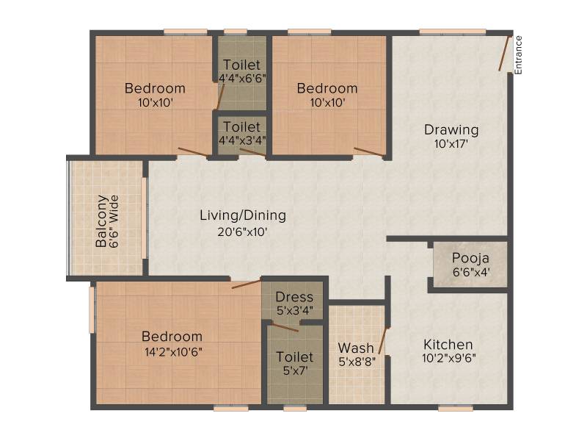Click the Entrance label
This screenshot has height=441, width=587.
(518, 55)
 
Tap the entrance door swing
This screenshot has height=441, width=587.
(504, 53)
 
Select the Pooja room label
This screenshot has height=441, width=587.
(470, 258)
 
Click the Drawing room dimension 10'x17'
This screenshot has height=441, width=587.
(451, 144)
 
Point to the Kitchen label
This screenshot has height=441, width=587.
(448, 344)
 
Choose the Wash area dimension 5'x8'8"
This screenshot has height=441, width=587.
(357, 362)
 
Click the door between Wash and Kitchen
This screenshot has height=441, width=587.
(383, 340)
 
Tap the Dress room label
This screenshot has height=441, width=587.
(294, 297)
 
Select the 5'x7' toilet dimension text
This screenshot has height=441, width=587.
(296, 371)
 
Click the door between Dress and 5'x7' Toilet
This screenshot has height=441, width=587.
(285, 327)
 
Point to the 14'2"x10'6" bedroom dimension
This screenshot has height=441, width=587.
(173, 352)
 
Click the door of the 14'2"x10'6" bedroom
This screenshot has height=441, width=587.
(247, 284)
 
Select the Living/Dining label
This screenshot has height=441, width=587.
(243, 215)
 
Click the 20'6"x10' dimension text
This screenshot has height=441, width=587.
(243, 232)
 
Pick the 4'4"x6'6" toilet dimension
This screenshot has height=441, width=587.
(242, 79)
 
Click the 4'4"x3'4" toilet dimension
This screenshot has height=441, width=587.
(242, 140)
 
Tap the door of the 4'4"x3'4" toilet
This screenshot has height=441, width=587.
(252, 152)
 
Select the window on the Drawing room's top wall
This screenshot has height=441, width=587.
(452, 32)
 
